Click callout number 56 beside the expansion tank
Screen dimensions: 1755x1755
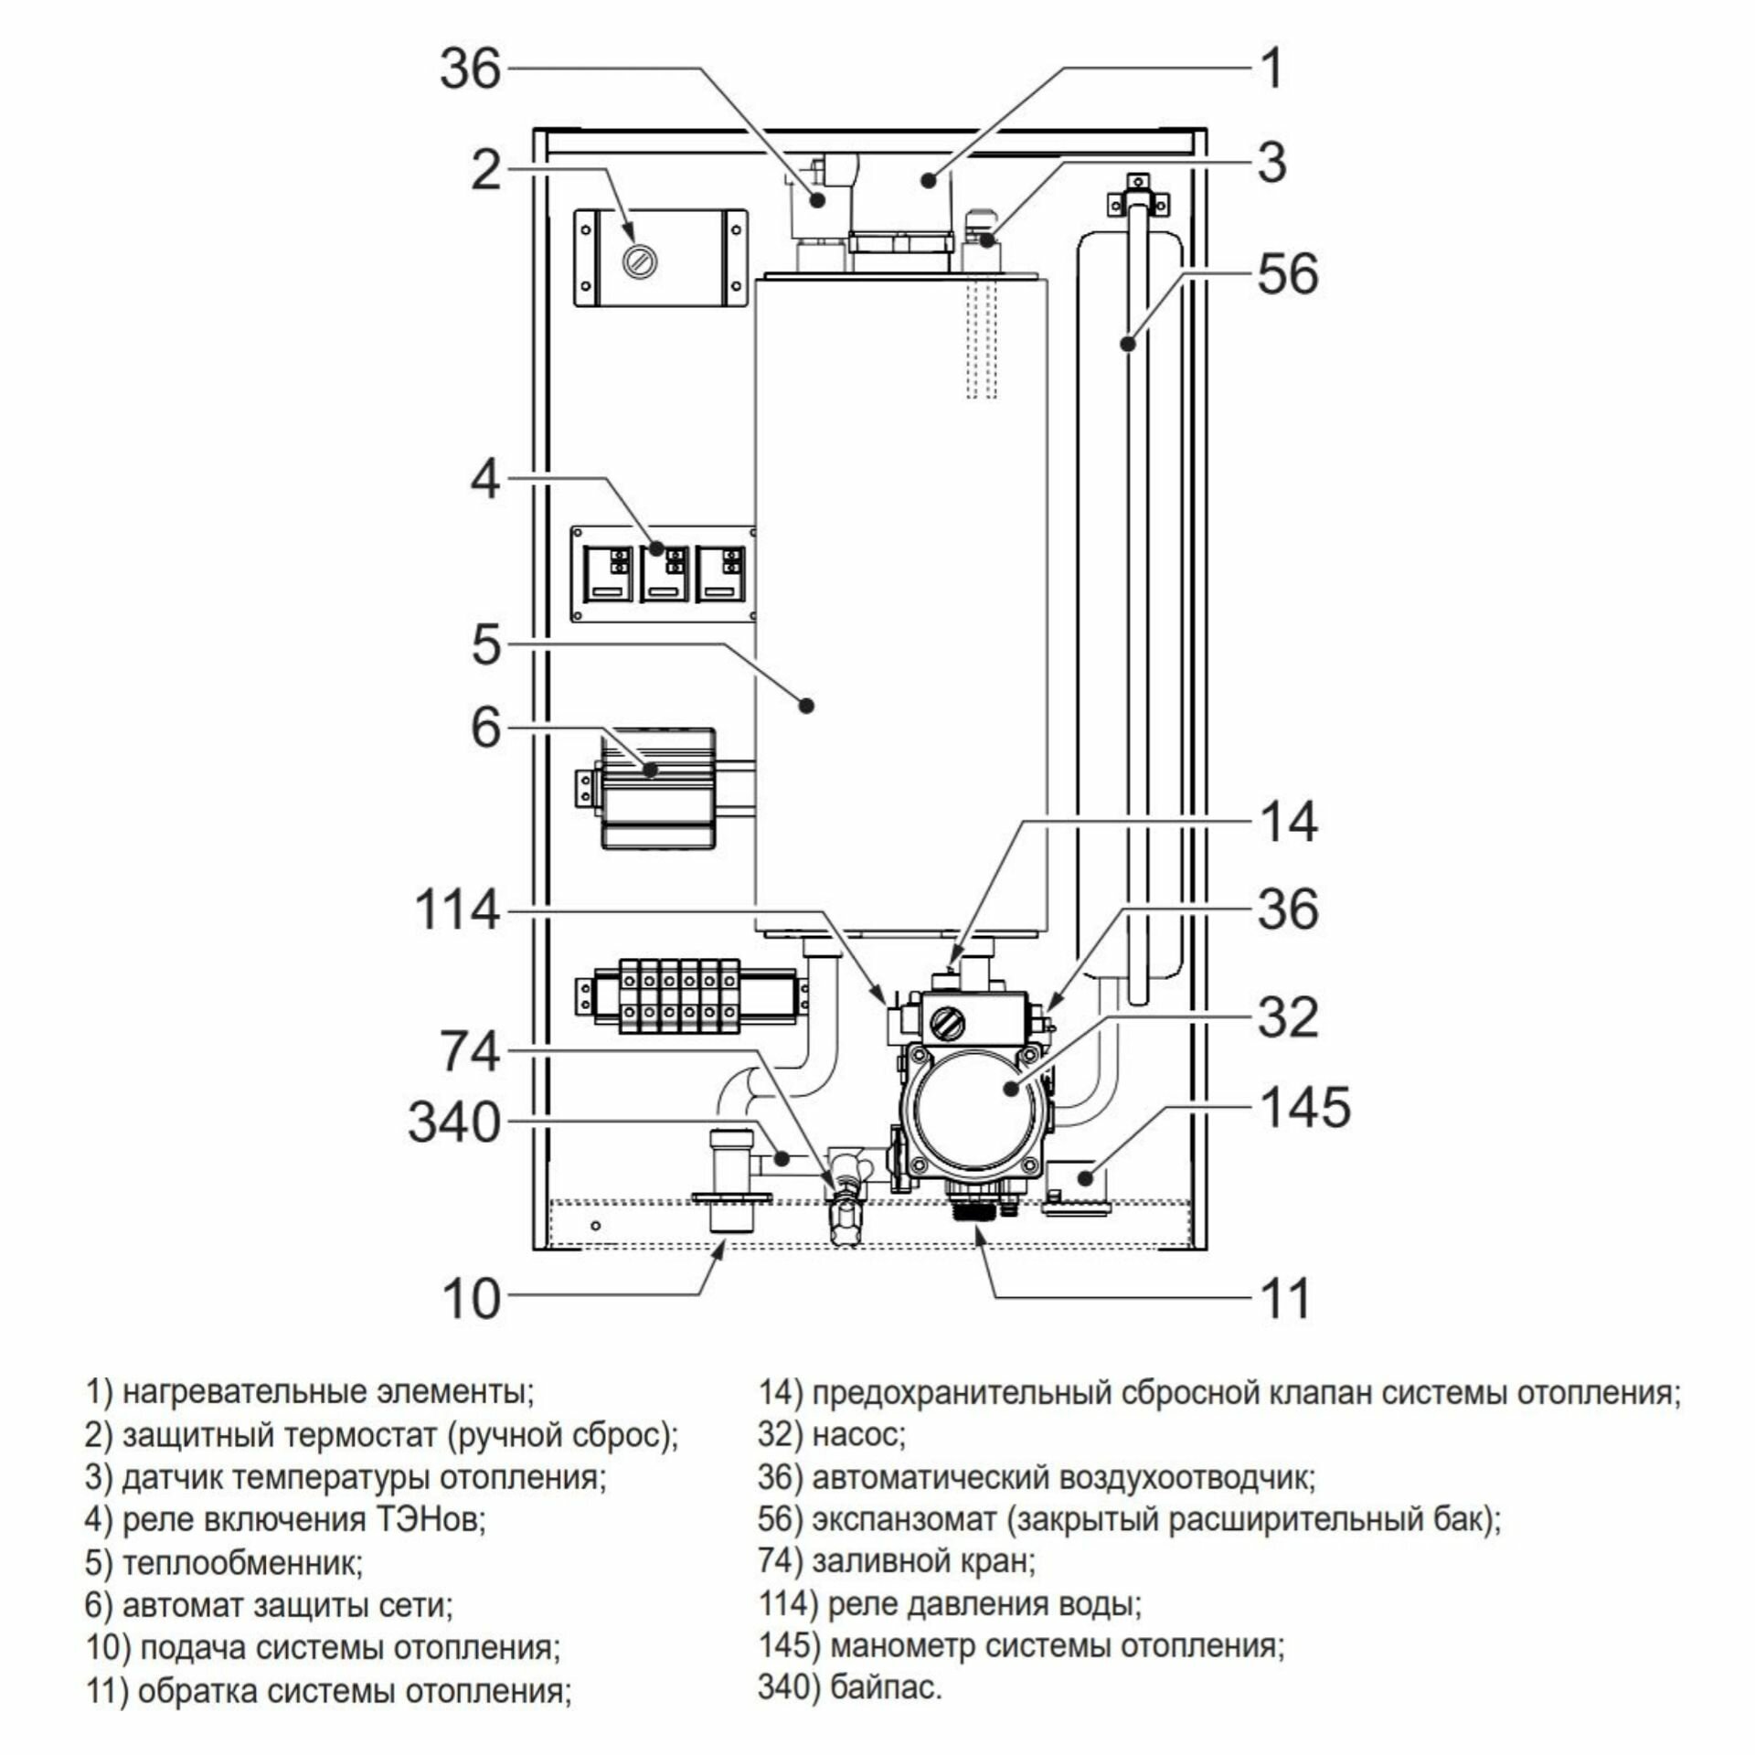coord(1287,274)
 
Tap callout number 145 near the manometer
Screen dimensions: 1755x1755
coord(1304,1108)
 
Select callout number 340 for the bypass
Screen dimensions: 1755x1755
coord(453,1121)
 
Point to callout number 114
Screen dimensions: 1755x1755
coord(457,910)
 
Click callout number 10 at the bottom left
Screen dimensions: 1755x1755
coord(473,1296)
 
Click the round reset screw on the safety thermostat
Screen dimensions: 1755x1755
coord(637,261)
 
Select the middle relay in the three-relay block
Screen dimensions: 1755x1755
coord(665,573)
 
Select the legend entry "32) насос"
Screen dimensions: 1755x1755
coord(831,1435)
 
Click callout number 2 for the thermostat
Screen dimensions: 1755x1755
coord(485,170)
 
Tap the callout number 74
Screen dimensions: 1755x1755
coord(470,1051)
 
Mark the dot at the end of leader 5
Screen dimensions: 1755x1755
coord(805,705)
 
